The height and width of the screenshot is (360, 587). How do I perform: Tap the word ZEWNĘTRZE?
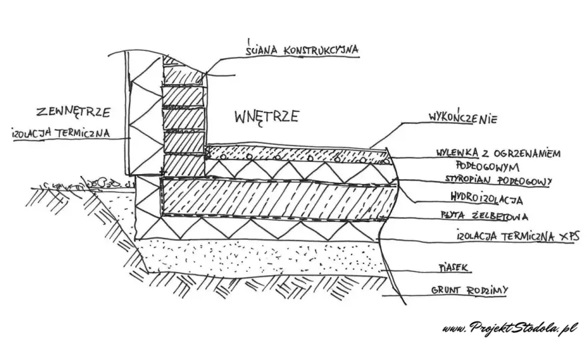coord(73,111)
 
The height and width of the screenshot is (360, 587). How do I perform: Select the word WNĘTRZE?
coord(267,117)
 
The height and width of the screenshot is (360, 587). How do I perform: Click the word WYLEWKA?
coord(457,153)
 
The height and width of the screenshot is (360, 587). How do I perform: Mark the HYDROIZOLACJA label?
coord(487,198)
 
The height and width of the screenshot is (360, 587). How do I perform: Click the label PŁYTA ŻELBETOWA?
coord(484,216)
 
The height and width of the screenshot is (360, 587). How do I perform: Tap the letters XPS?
coord(568,235)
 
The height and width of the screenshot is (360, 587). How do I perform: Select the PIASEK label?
coord(454,267)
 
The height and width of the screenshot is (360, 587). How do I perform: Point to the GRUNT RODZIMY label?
coord(470,290)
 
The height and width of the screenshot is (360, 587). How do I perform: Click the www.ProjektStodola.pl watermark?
coord(510,328)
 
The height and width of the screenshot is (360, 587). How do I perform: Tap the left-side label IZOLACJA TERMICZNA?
coord(61,133)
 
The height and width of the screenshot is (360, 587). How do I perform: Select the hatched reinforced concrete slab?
coord(277,199)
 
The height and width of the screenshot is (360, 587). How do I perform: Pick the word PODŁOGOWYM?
coord(488,165)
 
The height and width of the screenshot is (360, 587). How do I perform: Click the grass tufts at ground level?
coord(87,183)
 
